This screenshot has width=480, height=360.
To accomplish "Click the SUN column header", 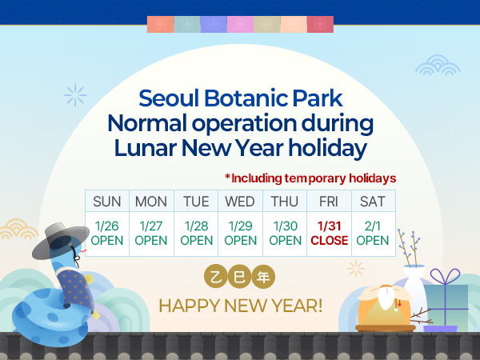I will tap(107, 201).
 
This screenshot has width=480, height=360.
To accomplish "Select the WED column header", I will tap(240, 201).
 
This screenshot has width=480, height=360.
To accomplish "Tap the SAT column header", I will tap(373, 201).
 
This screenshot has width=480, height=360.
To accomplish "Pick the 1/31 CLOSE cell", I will tap(329, 234).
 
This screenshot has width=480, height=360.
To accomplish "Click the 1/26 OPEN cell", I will tap(107, 234).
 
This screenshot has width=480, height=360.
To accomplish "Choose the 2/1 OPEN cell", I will tap(373, 234).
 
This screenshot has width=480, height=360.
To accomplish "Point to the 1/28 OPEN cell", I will tap(196, 234).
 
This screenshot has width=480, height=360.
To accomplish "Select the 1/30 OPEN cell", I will tap(285, 234).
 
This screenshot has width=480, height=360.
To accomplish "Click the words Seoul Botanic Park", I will tap(240, 99).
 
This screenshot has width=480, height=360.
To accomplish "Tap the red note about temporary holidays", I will tap(310, 178).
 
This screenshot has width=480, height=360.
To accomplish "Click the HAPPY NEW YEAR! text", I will tap(240, 305).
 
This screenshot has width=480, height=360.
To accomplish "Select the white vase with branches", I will tap(415, 279).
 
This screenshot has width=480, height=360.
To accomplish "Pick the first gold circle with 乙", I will tap(215, 277).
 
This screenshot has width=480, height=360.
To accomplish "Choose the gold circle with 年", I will tap(262, 277).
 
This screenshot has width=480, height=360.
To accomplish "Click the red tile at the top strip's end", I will tap(320, 24).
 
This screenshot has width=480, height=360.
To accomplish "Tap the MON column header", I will tap(151, 201).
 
